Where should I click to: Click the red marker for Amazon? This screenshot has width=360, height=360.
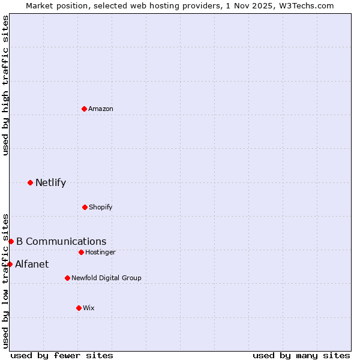tap(84, 109)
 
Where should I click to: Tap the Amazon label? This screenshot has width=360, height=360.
tap(101, 109)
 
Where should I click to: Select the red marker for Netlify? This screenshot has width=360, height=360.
tap(30, 182)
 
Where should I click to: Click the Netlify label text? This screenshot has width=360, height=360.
tap(50, 183)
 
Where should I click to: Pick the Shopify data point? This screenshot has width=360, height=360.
tap(85, 207)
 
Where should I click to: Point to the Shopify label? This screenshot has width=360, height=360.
tap(101, 208)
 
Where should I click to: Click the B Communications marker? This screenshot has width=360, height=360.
tap(11, 241)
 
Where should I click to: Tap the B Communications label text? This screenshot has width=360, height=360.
tap(61, 242)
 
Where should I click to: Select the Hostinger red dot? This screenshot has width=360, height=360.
tap(81, 252)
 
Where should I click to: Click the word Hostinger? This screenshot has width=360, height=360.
tap(100, 253)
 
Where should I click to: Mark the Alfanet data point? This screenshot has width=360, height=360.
tap(10, 264)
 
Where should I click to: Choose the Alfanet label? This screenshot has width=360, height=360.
tap(32, 265)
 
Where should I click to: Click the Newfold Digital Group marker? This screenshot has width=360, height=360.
tap(67, 278)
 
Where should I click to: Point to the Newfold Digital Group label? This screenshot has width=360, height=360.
tap(106, 278)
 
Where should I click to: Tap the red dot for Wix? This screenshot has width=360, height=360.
tap(79, 308)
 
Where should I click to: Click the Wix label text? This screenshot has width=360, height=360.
tap(89, 308)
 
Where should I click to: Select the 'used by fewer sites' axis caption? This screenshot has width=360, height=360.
tap(62, 356)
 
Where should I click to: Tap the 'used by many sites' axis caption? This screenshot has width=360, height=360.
tap(301, 356)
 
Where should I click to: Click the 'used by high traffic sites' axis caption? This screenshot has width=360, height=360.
tap(5, 85)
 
